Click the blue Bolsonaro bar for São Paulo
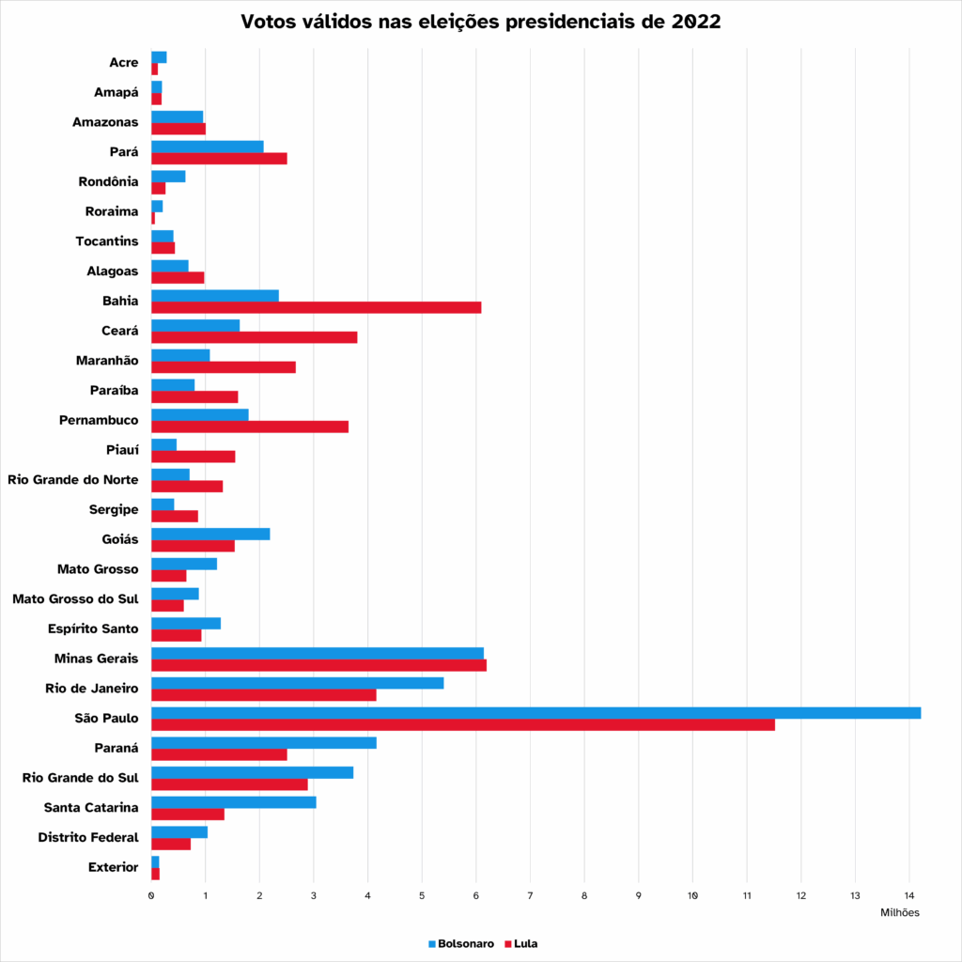[x=535, y=712]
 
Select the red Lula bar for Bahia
[x=316, y=307]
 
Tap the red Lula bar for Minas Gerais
[x=318, y=665]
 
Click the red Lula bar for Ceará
[x=254, y=337]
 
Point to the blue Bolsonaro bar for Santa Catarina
[x=233, y=802]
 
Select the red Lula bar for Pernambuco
[x=250, y=427]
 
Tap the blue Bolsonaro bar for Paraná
[x=263, y=742]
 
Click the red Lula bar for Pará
[x=219, y=158]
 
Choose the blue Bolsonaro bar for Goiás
[x=210, y=534]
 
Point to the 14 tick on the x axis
[x=909, y=895]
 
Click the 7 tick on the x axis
[x=531, y=895]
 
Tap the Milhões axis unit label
[x=899, y=912]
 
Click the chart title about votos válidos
[x=481, y=22]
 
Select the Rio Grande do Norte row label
[x=72, y=480]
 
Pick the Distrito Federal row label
[x=88, y=837]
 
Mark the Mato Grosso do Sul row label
[x=75, y=599]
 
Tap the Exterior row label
[x=114, y=867]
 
